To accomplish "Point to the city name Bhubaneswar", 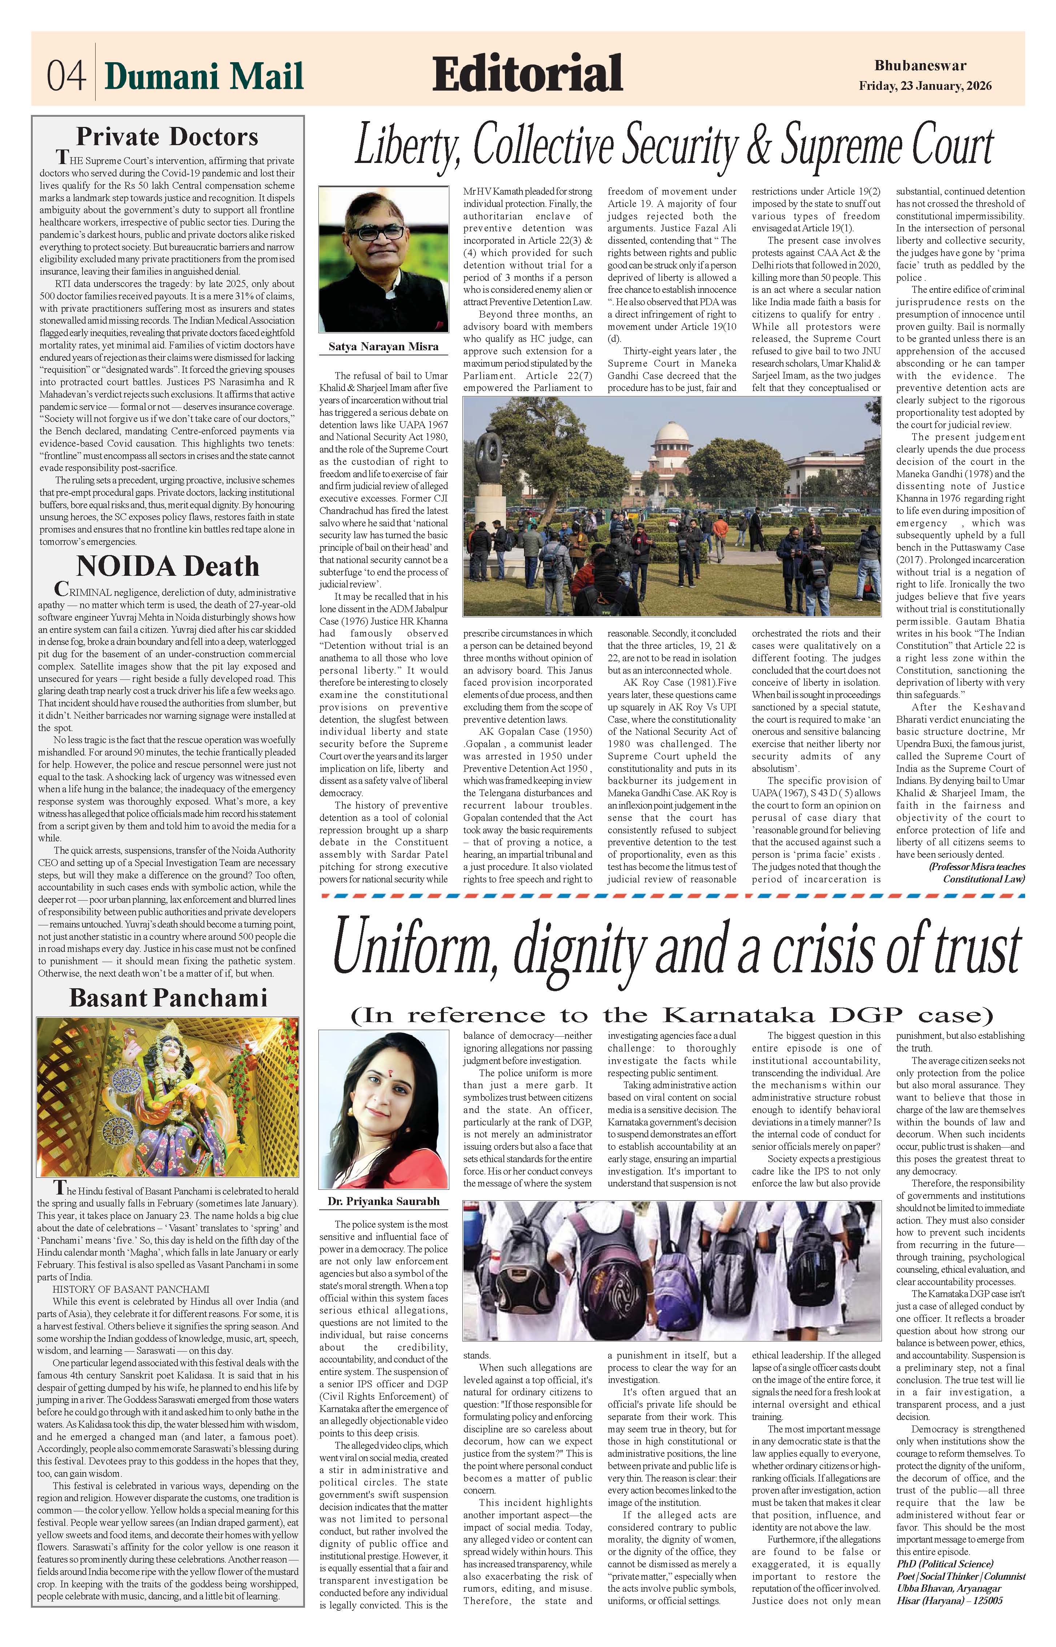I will click(x=920, y=66).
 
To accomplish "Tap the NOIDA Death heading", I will click(x=167, y=566).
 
